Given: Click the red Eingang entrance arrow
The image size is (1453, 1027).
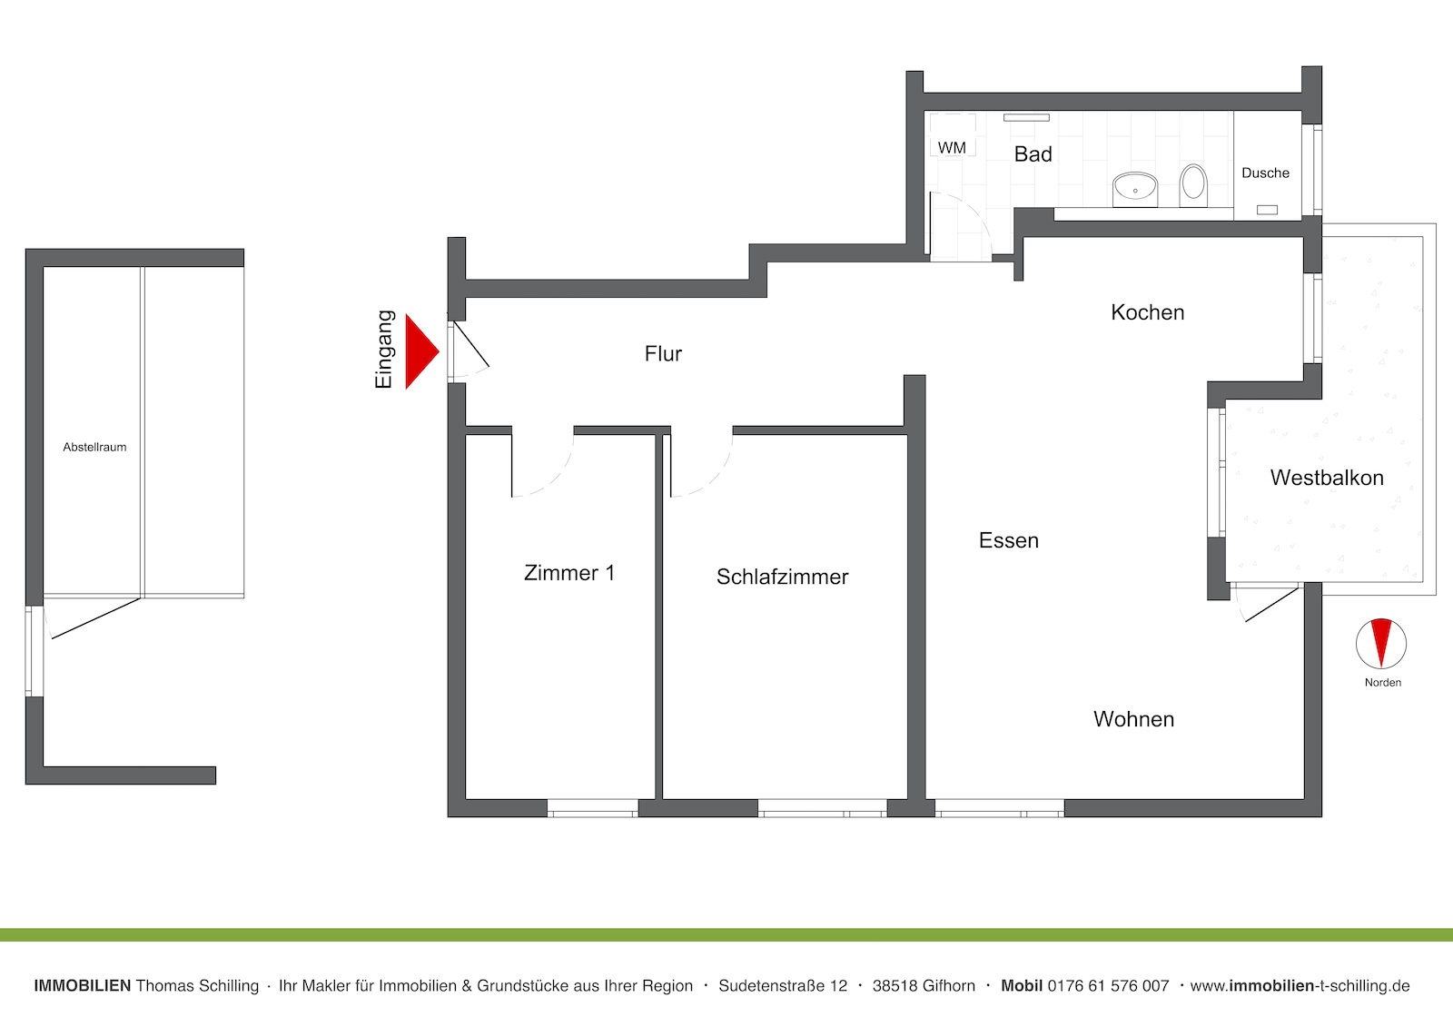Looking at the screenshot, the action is [x=421, y=351].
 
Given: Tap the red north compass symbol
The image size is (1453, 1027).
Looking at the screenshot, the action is [x=1381, y=644].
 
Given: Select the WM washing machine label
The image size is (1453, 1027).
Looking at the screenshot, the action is [x=952, y=148].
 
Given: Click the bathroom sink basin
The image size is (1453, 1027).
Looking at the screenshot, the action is [x=1135, y=189].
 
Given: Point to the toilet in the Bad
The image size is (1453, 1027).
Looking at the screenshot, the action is [x=1193, y=185].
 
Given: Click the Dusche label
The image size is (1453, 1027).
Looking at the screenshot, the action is [x=1265, y=173].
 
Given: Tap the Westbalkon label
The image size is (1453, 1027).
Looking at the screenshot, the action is [x=1327, y=478].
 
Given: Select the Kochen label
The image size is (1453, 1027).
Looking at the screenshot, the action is [x=1148, y=312].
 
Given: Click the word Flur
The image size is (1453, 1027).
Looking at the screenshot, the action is [x=663, y=353].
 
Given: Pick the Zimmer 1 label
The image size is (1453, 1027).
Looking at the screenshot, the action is [x=568, y=573].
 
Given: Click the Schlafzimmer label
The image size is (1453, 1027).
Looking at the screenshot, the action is [x=782, y=577].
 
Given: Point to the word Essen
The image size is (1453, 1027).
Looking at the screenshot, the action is [x=1009, y=540].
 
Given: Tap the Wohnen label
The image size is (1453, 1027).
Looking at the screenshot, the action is [x=1134, y=719].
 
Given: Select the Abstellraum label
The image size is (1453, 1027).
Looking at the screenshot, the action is [x=94, y=447].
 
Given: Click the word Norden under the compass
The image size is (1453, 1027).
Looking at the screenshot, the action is [x=1383, y=683].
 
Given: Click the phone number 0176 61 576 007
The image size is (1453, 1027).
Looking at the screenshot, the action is [x=1108, y=986].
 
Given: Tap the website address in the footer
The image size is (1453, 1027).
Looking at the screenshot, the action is [x=1300, y=986].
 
